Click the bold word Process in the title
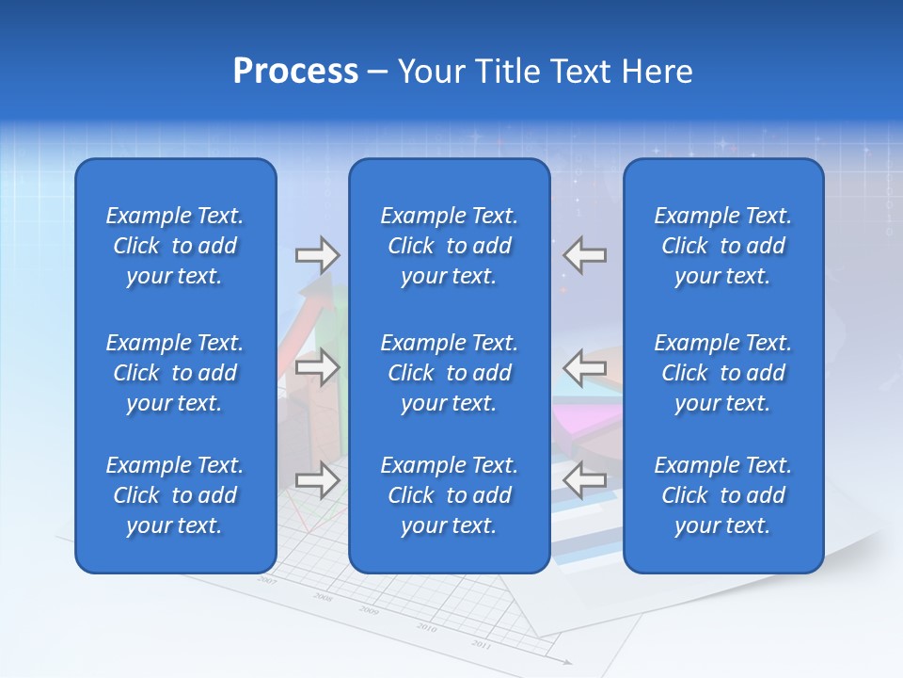pyautogui.click(x=295, y=72)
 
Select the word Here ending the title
pyautogui.click(x=657, y=72)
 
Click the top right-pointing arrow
pyautogui.click(x=317, y=255)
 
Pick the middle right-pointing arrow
pyautogui.click(x=317, y=367)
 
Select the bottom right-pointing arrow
pyautogui.click(x=317, y=480)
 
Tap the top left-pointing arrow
pyautogui.click(x=585, y=255)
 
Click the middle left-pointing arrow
pyautogui.click(x=585, y=367)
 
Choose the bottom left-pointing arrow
pyautogui.click(x=585, y=480)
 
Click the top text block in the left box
pyautogui.click(x=175, y=246)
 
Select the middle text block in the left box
pyautogui.click(x=175, y=373)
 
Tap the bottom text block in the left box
pyautogui.click(x=175, y=495)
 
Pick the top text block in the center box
pyautogui.click(x=449, y=246)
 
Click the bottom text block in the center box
pyautogui.click(x=449, y=495)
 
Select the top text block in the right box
pyautogui.click(x=722, y=246)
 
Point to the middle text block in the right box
pyautogui.click(x=722, y=373)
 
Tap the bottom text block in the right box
pyautogui.click(x=722, y=495)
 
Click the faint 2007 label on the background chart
pyautogui.click(x=267, y=581)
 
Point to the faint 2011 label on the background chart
pyautogui.click(x=481, y=644)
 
